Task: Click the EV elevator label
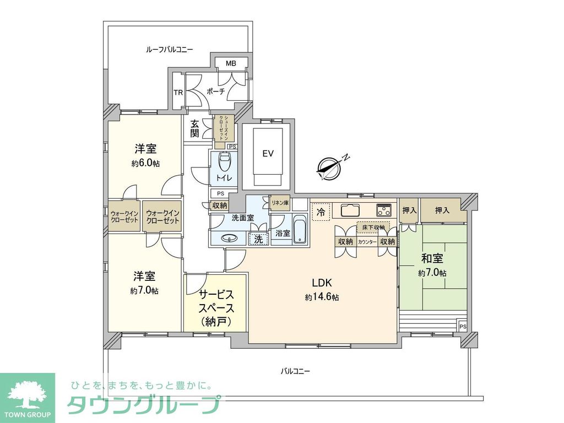pyautogui.click(x=268, y=153)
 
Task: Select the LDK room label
pyautogui.click(x=321, y=283)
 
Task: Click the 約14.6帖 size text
pyautogui.click(x=322, y=297)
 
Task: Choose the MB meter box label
pyautogui.click(x=230, y=64)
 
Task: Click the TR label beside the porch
pyautogui.click(x=178, y=92)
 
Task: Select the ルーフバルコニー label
pyautogui.click(x=169, y=50)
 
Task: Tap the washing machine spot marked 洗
pyautogui.click(x=257, y=239)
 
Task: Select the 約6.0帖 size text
pyautogui.click(x=145, y=164)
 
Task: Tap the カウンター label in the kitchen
pyautogui.click(x=367, y=242)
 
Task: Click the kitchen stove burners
pyautogui.click(x=383, y=210)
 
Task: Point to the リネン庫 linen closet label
pyautogui.click(x=280, y=203)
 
